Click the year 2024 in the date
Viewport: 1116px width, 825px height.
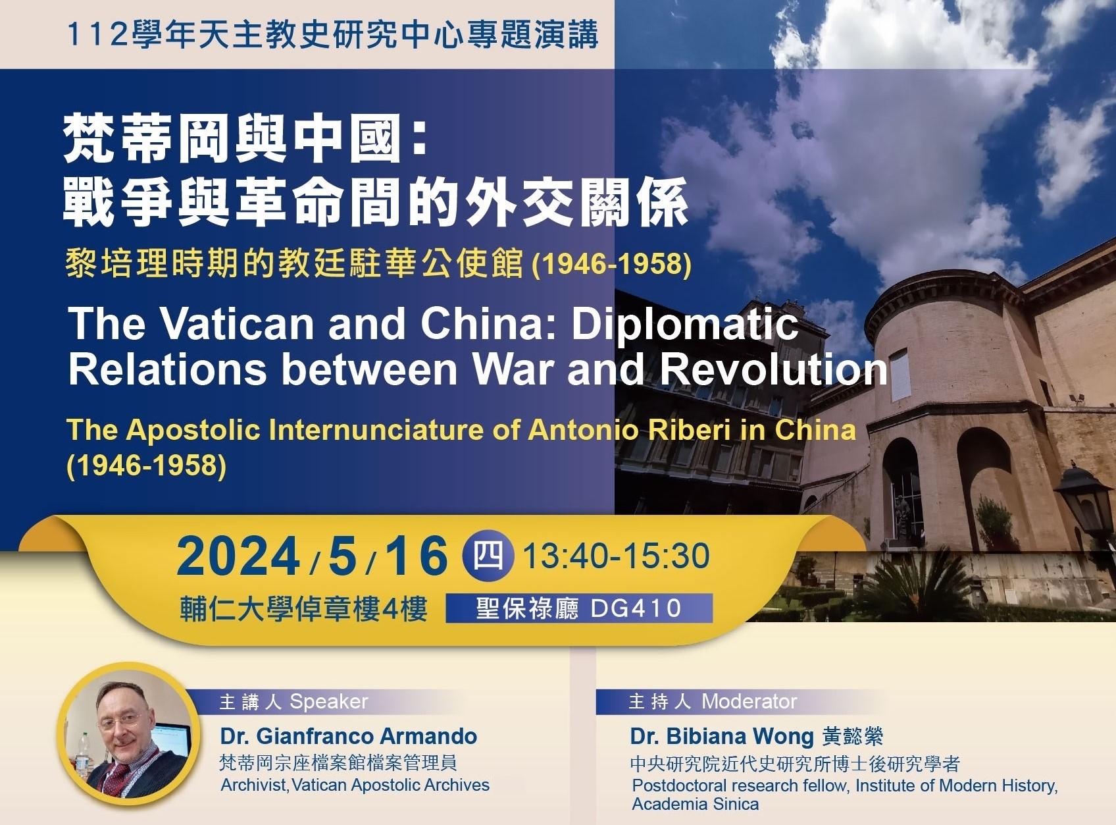point(238,556)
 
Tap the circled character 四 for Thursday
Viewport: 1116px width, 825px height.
point(488,556)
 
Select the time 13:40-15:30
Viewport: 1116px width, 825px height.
point(616,556)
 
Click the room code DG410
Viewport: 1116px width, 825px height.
point(636,608)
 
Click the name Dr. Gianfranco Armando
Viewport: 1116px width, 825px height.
point(349,736)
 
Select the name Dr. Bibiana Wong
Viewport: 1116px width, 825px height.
point(722,736)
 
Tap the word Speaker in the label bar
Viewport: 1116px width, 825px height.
point(329,702)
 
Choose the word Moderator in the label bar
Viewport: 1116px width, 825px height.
point(749,701)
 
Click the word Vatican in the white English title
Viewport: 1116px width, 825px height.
point(238,324)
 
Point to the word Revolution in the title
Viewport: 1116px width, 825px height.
point(774,369)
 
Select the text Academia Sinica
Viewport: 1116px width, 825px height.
point(696,804)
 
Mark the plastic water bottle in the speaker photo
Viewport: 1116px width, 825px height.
point(82,754)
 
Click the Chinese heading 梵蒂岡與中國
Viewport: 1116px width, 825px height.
point(232,138)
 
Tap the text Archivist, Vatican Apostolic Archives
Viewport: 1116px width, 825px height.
point(355,785)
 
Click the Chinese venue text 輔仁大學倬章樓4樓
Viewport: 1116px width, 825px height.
point(304,608)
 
